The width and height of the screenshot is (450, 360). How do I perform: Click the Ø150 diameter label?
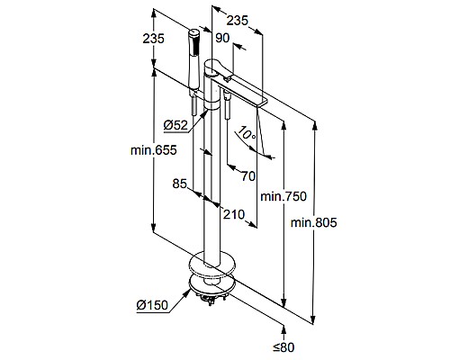tap(153, 305)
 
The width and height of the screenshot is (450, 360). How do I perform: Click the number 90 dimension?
tap(221, 37)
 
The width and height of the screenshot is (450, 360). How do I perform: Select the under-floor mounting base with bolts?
tap(209, 290)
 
